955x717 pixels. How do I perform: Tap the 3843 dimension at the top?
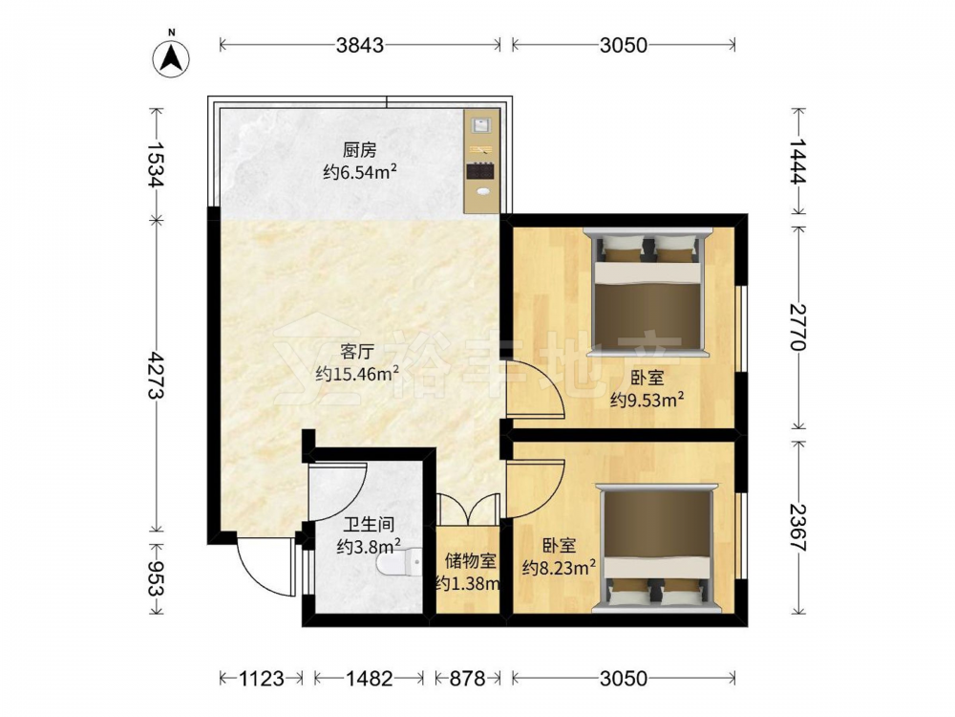361,45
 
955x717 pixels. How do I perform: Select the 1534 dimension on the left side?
157,164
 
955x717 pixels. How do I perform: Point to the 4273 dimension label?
157,375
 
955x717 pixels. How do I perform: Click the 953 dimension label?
157,578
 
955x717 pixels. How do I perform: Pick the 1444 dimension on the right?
797,160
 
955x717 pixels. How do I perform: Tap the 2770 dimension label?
797,327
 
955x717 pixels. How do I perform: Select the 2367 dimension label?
797,528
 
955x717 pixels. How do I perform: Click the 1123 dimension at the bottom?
262,678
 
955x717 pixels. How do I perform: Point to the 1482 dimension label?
369,678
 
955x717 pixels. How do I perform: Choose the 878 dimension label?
467,678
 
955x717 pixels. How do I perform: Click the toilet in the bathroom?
399,561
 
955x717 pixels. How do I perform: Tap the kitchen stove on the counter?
481,172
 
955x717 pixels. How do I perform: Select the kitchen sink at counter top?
481,126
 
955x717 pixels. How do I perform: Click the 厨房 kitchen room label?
360,150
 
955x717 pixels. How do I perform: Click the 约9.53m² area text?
647,400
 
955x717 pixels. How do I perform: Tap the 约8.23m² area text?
559,568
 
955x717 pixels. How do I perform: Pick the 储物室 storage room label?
471,559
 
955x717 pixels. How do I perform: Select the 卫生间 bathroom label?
369,524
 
